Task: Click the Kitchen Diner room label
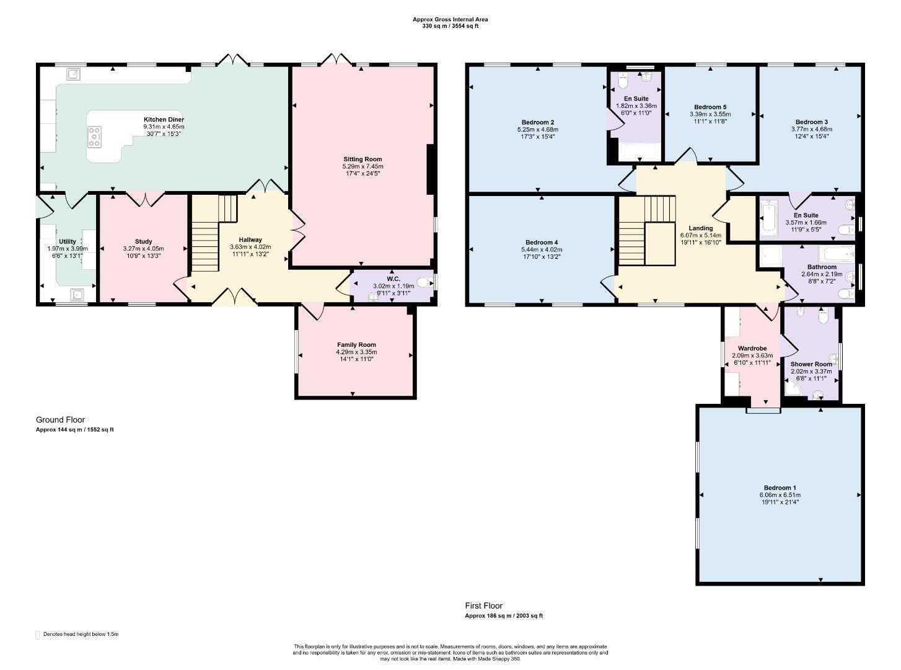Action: [164, 120]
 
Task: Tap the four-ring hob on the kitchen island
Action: [95, 136]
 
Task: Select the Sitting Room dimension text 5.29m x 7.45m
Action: [363, 166]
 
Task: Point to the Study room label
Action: [143, 242]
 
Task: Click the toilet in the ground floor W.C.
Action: [425, 282]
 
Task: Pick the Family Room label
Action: [356, 345]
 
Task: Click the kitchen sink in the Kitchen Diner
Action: [74, 74]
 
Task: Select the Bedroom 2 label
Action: [538, 122]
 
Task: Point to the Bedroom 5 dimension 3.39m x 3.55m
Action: [710, 114]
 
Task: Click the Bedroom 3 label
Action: [812, 122]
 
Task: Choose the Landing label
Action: [701, 228]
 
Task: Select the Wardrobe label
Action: [752, 349]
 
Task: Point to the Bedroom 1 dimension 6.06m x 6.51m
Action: [780, 495]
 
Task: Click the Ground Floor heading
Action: [61, 420]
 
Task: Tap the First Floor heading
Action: [484, 605]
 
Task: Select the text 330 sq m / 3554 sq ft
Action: [451, 26]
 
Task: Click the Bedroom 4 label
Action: [542, 243]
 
